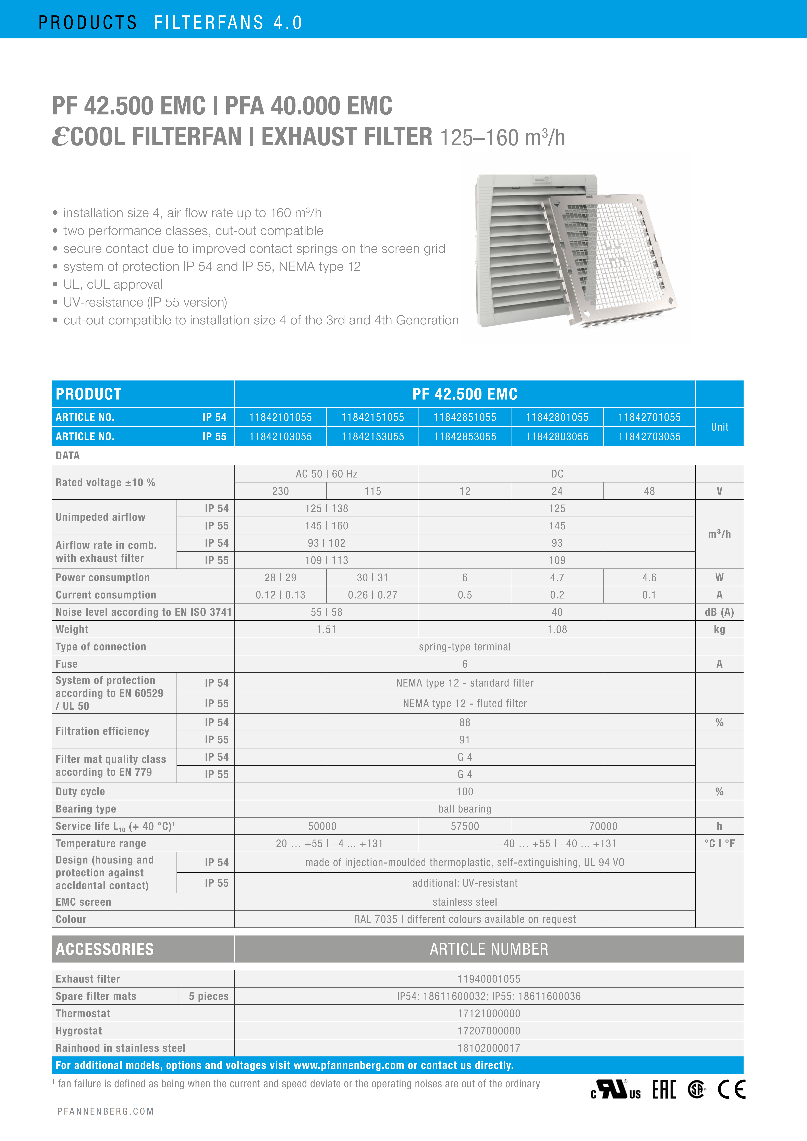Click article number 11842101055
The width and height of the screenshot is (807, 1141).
280,417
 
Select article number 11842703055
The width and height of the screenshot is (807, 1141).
649,436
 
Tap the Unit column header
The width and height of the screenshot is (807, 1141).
719,427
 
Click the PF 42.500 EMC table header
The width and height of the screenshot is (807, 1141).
465,394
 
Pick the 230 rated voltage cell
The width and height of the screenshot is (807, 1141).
280,491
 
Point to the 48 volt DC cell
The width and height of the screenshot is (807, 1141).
649,491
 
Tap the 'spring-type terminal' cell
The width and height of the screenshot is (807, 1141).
465,647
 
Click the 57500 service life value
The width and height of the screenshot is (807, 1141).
465,826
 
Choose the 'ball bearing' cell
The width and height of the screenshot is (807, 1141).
465,809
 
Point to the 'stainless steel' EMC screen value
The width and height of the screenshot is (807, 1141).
465,902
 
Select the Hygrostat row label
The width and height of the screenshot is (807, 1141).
79,1031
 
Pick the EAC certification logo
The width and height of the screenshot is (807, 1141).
664,1089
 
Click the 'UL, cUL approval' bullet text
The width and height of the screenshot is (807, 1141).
113,284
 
